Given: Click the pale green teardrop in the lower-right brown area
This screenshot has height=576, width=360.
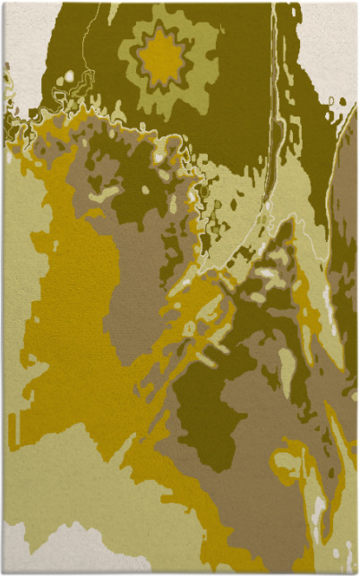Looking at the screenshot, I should tap(286, 367).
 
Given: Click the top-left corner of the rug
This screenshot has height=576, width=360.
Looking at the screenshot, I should tap(4, 3).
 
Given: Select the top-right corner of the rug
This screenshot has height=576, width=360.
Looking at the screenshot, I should tap(356, 3).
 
